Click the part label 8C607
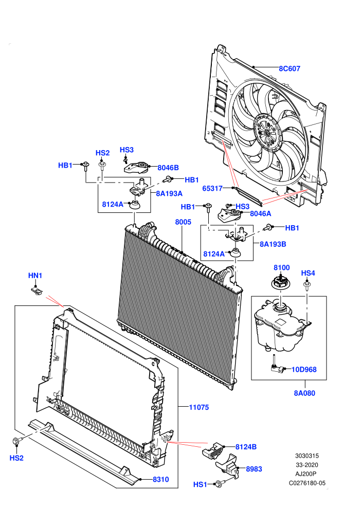tap(290, 68)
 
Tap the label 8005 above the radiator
tap(183, 222)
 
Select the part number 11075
tap(199, 407)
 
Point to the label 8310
tap(160, 479)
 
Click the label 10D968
tap(304, 370)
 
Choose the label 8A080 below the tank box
tap(304, 393)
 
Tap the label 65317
tap(212, 188)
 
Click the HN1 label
tap(35, 276)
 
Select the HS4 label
tap(308, 273)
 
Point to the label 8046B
tap(168, 168)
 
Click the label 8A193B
tap(273, 244)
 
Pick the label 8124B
tap(246, 447)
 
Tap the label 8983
tap(254, 469)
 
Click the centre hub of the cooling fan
tap(266, 132)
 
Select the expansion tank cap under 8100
tap(281, 282)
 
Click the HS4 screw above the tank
tap(307, 286)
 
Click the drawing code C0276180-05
tap(307, 483)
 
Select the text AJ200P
tap(306, 474)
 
